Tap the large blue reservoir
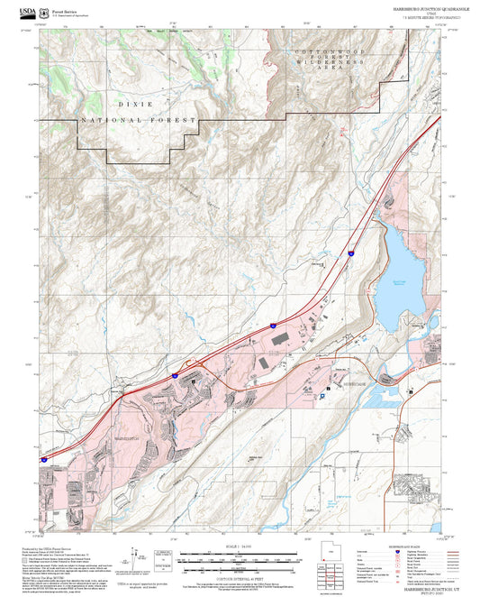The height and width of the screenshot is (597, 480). [396, 271]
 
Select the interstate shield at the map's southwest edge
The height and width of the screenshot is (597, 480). [42, 460]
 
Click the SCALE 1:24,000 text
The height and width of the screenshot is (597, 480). [240, 546]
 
